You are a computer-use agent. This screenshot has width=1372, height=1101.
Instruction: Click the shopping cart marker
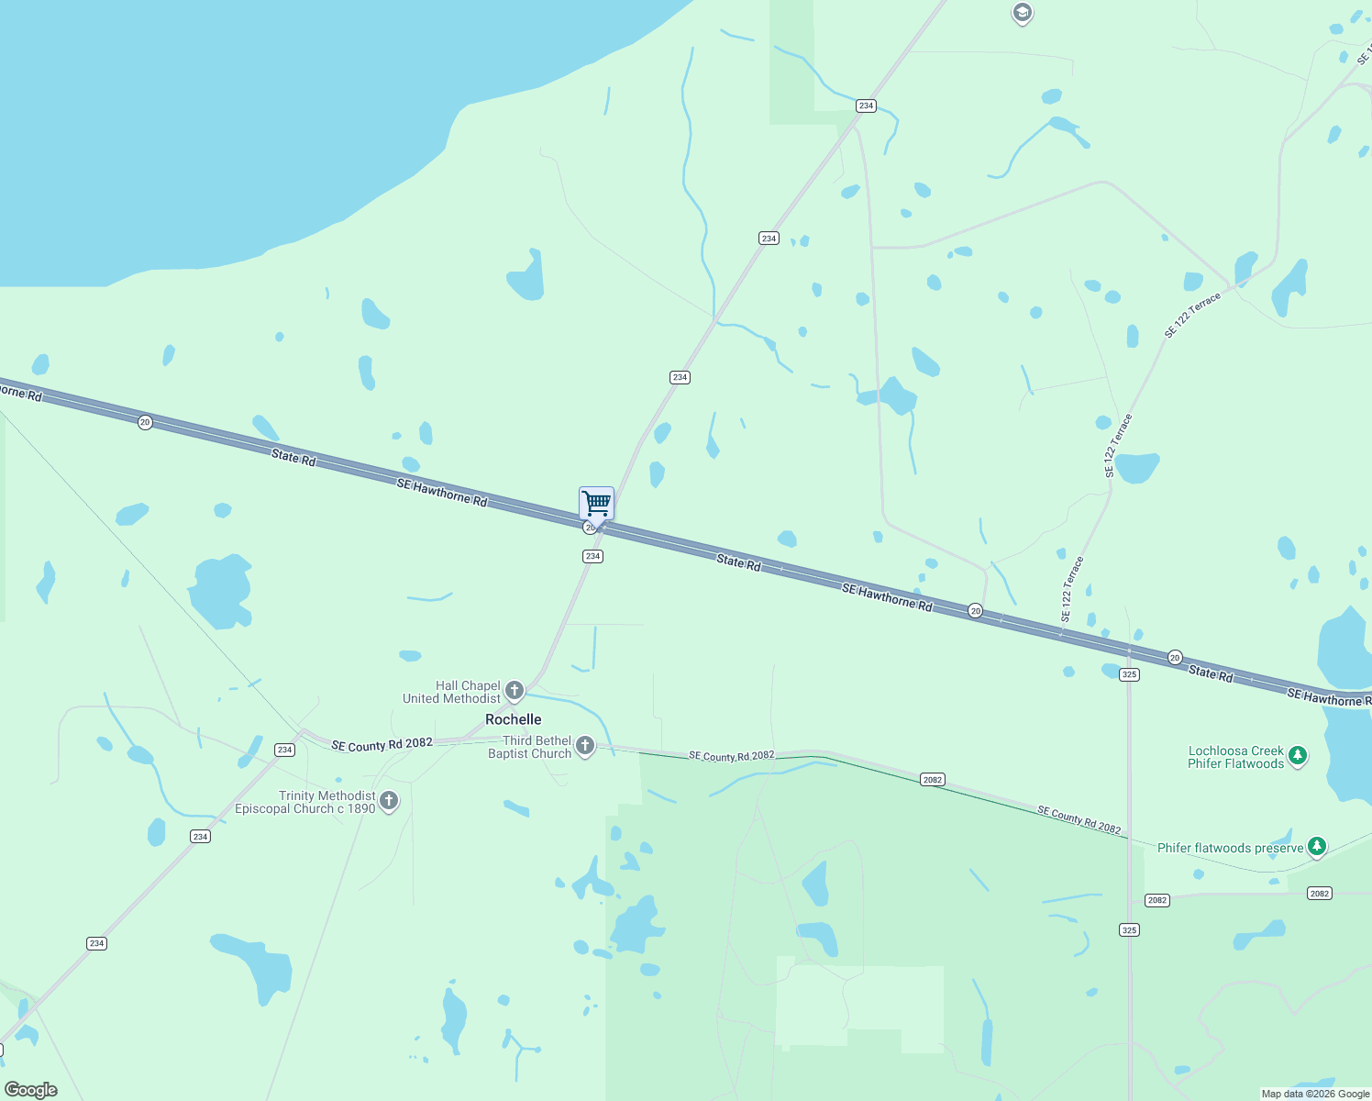point(596,504)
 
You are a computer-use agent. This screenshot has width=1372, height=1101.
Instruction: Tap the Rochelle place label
point(513,719)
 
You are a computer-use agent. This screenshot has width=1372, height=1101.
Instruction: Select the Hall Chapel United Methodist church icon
point(514,690)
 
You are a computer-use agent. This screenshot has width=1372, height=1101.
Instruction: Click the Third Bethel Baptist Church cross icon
point(585,745)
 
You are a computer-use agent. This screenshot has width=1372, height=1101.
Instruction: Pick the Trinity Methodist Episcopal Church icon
point(389,801)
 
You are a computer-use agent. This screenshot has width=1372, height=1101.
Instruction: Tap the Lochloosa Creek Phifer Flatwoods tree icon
point(1297,756)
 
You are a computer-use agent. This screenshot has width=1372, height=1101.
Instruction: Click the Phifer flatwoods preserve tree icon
point(1317,847)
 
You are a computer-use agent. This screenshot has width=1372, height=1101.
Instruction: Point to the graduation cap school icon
point(1022,13)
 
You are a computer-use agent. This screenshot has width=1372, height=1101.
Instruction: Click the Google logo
point(31,1090)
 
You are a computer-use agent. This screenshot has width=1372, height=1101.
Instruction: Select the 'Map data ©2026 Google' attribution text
point(1315,1094)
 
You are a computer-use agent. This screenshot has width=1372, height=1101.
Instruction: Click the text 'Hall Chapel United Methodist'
point(452,692)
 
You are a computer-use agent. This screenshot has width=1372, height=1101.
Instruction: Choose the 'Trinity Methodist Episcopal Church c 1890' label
point(305,802)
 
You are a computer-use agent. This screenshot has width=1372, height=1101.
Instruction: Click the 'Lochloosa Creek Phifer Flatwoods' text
point(1235,757)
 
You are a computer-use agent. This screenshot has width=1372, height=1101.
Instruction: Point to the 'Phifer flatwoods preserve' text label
point(1230,848)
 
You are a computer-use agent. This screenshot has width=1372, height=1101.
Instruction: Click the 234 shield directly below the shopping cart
point(592,556)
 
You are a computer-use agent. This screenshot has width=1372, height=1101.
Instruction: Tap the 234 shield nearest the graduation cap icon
point(866,106)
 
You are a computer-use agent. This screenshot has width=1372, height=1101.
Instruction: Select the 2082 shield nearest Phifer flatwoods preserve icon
point(1319,893)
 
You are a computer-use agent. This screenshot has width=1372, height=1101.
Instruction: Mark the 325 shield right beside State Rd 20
point(1129,674)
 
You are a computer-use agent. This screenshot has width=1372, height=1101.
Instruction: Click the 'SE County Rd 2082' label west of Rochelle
point(382,744)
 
